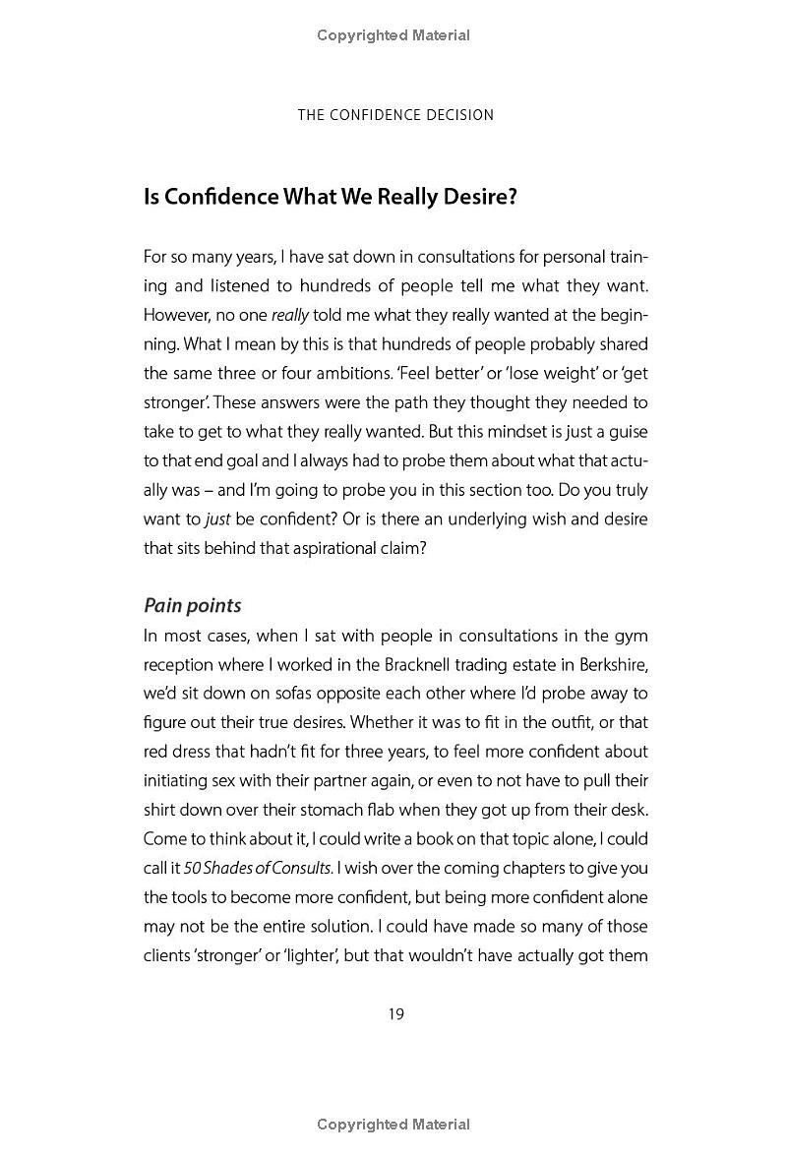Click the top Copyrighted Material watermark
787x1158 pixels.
pyautogui.click(x=393, y=35)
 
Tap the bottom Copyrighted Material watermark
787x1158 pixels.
pyautogui.click(x=393, y=1125)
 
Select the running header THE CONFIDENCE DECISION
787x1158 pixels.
pyautogui.click(x=395, y=115)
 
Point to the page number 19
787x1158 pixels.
pyautogui.click(x=395, y=1014)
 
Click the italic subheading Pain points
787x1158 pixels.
pyautogui.click(x=192, y=605)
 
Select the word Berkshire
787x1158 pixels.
pyautogui.click(x=613, y=664)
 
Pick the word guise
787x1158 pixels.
pyautogui.click(x=626, y=432)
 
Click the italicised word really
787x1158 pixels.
pyautogui.click(x=290, y=316)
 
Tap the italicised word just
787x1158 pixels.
pyautogui.click(x=216, y=519)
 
